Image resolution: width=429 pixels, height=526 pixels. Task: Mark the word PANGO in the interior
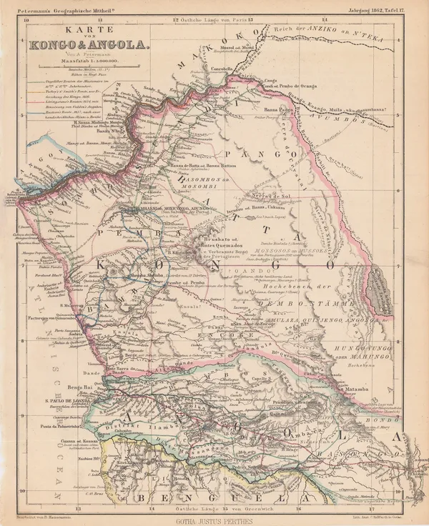[252, 153]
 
